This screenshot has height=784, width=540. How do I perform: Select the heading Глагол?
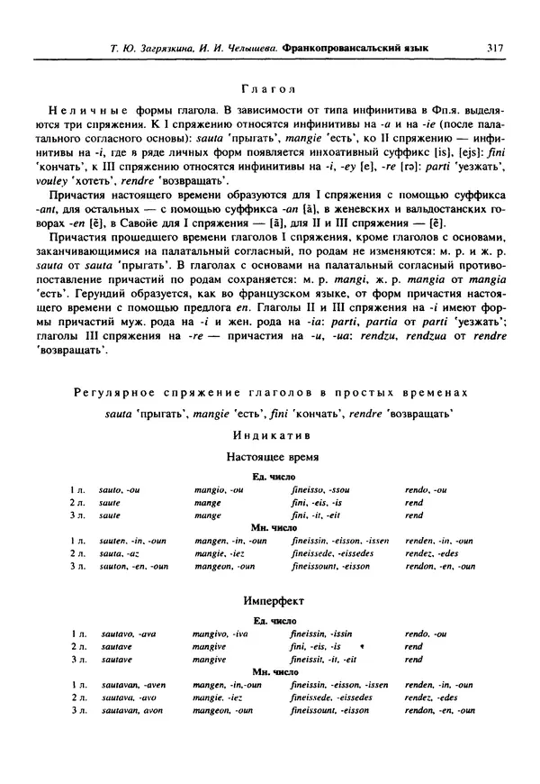[x=269, y=88]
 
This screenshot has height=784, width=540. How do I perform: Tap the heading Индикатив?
[x=269, y=434]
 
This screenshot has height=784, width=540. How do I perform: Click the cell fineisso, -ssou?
[x=320, y=490]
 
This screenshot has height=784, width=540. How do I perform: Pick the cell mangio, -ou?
[x=219, y=490]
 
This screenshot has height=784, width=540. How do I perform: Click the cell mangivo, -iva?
[x=220, y=634]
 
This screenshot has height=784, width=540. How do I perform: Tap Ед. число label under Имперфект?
[x=269, y=621]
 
